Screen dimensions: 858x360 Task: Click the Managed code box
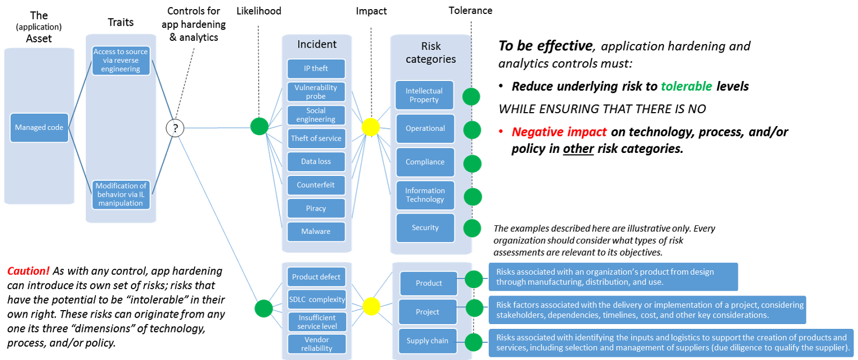(x=39, y=128)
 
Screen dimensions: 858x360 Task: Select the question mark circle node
(x=175, y=128)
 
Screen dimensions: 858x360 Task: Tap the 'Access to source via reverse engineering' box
(x=121, y=61)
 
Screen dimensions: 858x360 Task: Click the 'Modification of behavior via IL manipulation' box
(x=121, y=195)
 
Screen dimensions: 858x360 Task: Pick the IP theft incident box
(x=316, y=69)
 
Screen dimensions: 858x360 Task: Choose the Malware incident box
(x=316, y=232)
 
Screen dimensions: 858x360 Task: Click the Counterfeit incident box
(x=316, y=185)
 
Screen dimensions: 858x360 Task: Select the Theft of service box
(x=316, y=138)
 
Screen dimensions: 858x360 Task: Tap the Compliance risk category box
(x=425, y=162)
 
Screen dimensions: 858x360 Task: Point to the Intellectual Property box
(x=424, y=95)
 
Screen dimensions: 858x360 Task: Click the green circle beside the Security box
(x=472, y=228)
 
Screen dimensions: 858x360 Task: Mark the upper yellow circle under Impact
(x=371, y=127)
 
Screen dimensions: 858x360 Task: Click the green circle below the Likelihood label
(x=260, y=127)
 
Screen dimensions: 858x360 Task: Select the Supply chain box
(x=427, y=341)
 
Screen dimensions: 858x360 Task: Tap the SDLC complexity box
(x=317, y=299)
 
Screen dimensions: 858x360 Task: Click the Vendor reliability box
(x=317, y=344)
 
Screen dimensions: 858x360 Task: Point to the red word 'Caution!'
(x=28, y=271)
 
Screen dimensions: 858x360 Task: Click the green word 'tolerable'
(x=686, y=86)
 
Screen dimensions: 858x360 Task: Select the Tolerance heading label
(x=470, y=10)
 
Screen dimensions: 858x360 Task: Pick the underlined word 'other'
(x=579, y=149)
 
